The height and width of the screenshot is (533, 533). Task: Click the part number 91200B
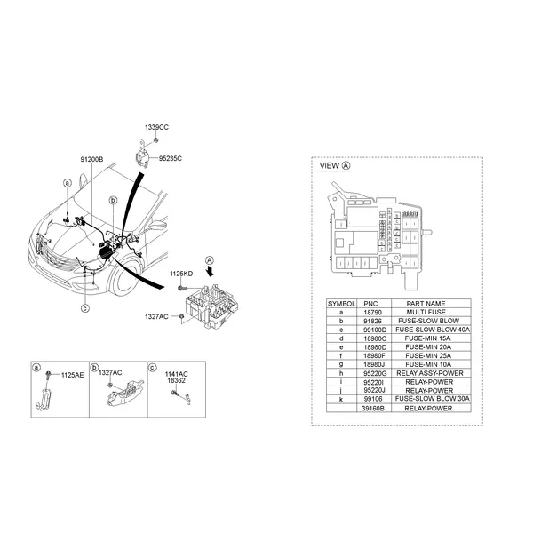coord(92,159)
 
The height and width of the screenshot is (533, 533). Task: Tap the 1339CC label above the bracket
coord(157,128)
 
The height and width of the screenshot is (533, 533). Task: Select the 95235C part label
coord(171,159)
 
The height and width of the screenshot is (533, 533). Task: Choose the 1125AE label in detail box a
coord(73,376)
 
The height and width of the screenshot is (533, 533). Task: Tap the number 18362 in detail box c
coord(176,380)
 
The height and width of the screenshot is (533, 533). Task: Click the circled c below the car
coord(85,309)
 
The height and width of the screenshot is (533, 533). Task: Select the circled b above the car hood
coord(113,202)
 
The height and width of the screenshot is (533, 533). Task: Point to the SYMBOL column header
coord(341,302)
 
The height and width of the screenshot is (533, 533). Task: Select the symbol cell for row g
coord(341,363)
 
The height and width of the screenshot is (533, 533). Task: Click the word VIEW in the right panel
coord(329,166)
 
